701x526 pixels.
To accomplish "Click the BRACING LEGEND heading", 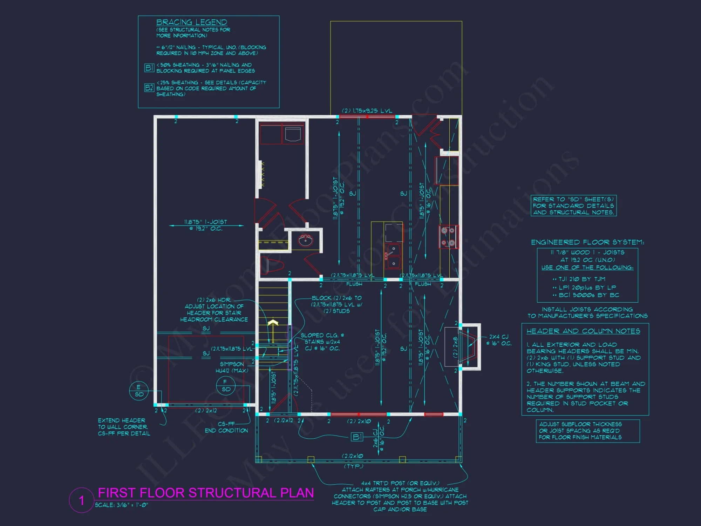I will click(191, 22).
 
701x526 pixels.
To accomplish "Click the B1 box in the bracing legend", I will click(149, 68).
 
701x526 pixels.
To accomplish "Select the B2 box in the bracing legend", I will click(149, 88).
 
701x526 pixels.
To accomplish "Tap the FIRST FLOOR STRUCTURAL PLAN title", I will click(206, 493).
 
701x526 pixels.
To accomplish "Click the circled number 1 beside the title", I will click(82, 500).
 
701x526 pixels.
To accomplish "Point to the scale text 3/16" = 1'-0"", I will click(122, 505).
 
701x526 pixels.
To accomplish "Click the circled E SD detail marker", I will click(139, 391).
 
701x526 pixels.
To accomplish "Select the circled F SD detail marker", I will click(226, 386).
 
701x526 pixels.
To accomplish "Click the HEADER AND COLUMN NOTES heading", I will click(583, 331).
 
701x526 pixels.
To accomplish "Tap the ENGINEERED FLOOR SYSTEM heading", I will click(587, 242).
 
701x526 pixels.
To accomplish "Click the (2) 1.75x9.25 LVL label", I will click(367, 111).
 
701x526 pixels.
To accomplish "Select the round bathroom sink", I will click(305, 241).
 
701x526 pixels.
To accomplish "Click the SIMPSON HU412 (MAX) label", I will click(232, 367).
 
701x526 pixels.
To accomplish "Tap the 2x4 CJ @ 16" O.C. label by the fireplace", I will click(499, 340).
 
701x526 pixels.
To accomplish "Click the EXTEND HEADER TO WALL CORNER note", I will click(124, 427).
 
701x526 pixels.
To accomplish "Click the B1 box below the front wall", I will click(357, 437).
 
